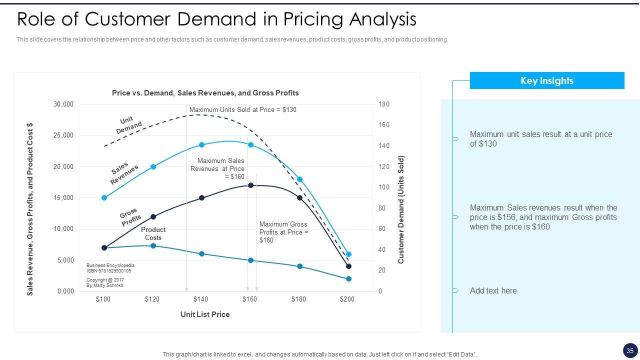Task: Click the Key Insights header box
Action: click(547, 80)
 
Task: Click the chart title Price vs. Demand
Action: click(205, 93)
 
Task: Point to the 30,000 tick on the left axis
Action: click(63, 104)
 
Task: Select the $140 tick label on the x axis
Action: click(200, 299)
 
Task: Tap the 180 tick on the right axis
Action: click(384, 104)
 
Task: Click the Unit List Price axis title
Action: click(205, 314)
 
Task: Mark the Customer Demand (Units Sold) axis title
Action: click(401, 210)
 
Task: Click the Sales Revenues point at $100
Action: click(104, 198)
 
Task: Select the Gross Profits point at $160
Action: click(251, 185)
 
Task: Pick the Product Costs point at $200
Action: click(349, 279)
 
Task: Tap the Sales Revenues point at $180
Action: click(300, 179)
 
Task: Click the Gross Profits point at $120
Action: click(153, 217)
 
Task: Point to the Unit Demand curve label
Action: click(128, 125)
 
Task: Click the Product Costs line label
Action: click(153, 233)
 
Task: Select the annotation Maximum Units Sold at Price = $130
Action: click(243, 109)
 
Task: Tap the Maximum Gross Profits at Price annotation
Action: click(283, 232)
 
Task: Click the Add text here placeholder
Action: click(493, 291)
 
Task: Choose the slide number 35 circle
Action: click(630, 350)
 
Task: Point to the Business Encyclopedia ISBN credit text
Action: click(110, 268)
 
